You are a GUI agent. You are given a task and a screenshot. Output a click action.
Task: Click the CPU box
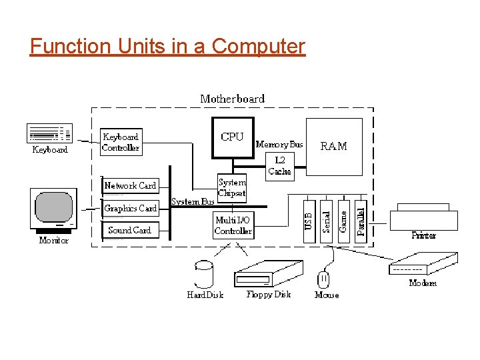click(x=232, y=137)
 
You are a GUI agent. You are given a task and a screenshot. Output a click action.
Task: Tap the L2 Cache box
click(x=279, y=165)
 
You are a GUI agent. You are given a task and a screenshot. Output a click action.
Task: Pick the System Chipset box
click(x=232, y=187)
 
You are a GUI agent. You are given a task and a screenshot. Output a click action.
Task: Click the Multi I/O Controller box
click(x=233, y=226)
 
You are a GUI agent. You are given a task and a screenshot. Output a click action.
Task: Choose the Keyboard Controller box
click(x=121, y=142)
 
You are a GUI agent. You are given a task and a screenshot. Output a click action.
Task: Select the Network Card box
click(x=130, y=185)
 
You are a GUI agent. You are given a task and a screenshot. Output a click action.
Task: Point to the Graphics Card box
click(x=130, y=208)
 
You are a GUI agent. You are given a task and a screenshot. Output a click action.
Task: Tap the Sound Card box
click(x=130, y=230)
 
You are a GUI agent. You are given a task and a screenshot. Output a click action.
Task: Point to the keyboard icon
click(x=49, y=133)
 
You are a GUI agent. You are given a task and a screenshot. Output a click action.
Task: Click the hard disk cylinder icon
click(x=204, y=274)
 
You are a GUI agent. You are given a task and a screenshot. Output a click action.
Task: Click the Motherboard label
click(x=232, y=99)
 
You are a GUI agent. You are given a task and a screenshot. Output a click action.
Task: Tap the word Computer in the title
click(x=258, y=46)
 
